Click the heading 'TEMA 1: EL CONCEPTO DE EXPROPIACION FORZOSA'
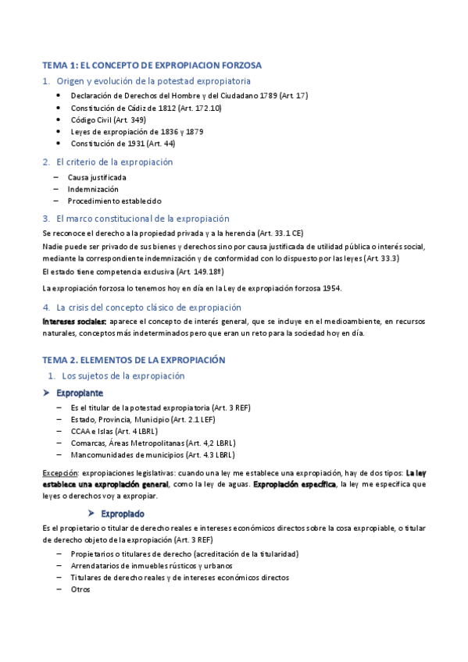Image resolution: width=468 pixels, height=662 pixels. (x=152, y=65)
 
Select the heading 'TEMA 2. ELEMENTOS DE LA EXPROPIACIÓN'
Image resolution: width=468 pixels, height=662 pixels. (x=134, y=360)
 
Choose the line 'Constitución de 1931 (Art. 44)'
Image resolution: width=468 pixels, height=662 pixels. (x=123, y=144)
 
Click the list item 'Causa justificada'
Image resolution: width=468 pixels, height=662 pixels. (x=97, y=177)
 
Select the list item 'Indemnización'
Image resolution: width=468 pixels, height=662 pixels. (x=93, y=189)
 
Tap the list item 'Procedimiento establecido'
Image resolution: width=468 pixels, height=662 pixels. (x=114, y=201)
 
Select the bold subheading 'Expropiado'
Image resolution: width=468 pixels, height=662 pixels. (x=145, y=514)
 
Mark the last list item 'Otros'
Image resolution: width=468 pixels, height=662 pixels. (x=80, y=589)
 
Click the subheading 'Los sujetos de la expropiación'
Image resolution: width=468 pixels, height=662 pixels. (x=123, y=375)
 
